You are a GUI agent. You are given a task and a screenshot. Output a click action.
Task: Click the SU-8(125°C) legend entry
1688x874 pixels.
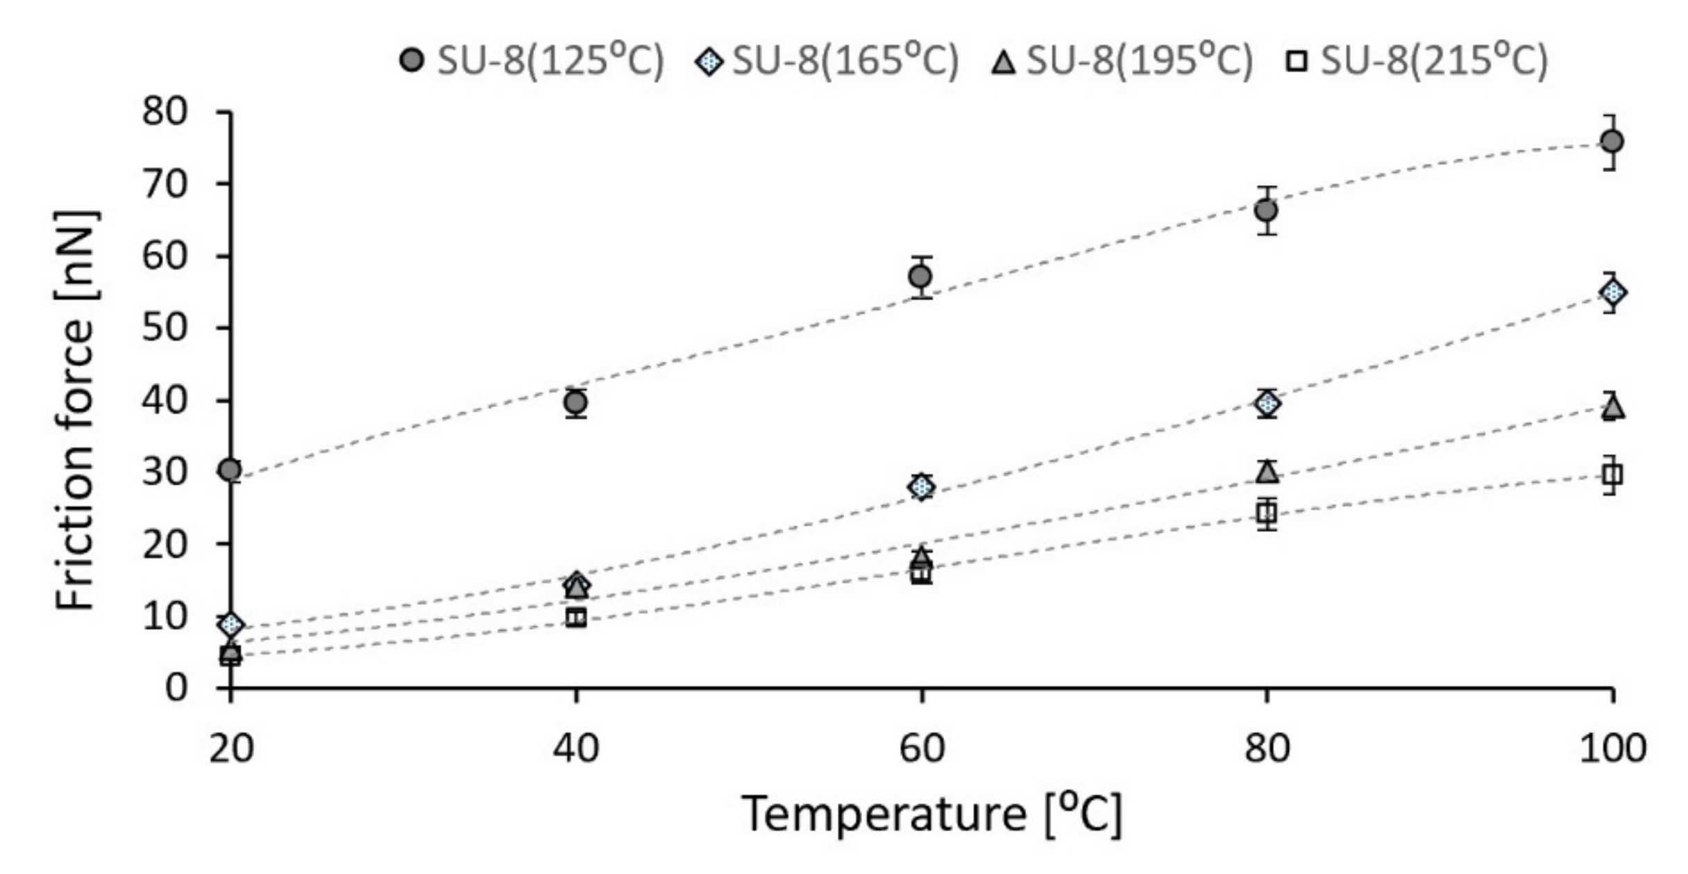point(532,61)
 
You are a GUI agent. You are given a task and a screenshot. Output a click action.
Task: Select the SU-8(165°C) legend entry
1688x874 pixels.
point(827,61)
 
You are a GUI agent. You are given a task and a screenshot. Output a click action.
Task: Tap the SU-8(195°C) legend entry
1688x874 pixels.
point(1123,61)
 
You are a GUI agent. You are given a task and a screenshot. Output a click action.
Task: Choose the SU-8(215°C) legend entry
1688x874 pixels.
point(1417,61)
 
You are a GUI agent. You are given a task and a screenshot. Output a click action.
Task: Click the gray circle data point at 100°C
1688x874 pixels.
point(1611,142)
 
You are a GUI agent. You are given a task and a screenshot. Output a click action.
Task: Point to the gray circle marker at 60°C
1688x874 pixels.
point(920,277)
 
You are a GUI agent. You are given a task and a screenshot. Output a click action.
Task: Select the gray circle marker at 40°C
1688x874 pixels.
point(575,402)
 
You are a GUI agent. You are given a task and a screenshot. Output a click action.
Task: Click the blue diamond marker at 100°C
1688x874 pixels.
point(1612,293)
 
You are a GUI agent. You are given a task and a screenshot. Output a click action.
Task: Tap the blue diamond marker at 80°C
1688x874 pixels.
point(1267,403)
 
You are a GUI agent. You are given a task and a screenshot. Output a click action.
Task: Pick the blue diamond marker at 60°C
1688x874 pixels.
point(921,487)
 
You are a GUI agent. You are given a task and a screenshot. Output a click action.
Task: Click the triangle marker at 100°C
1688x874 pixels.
point(1612,407)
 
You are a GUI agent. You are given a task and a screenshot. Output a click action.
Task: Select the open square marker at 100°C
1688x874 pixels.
point(1612,475)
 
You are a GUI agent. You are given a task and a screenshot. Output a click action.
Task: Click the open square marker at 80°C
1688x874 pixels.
point(1267,514)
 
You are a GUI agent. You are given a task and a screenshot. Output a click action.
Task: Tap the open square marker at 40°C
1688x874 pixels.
point(576,617)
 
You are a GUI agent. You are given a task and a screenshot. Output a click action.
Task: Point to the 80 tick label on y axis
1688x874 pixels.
point(165,111)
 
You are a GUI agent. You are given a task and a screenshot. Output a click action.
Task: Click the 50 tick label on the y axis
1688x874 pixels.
point(165,327)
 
